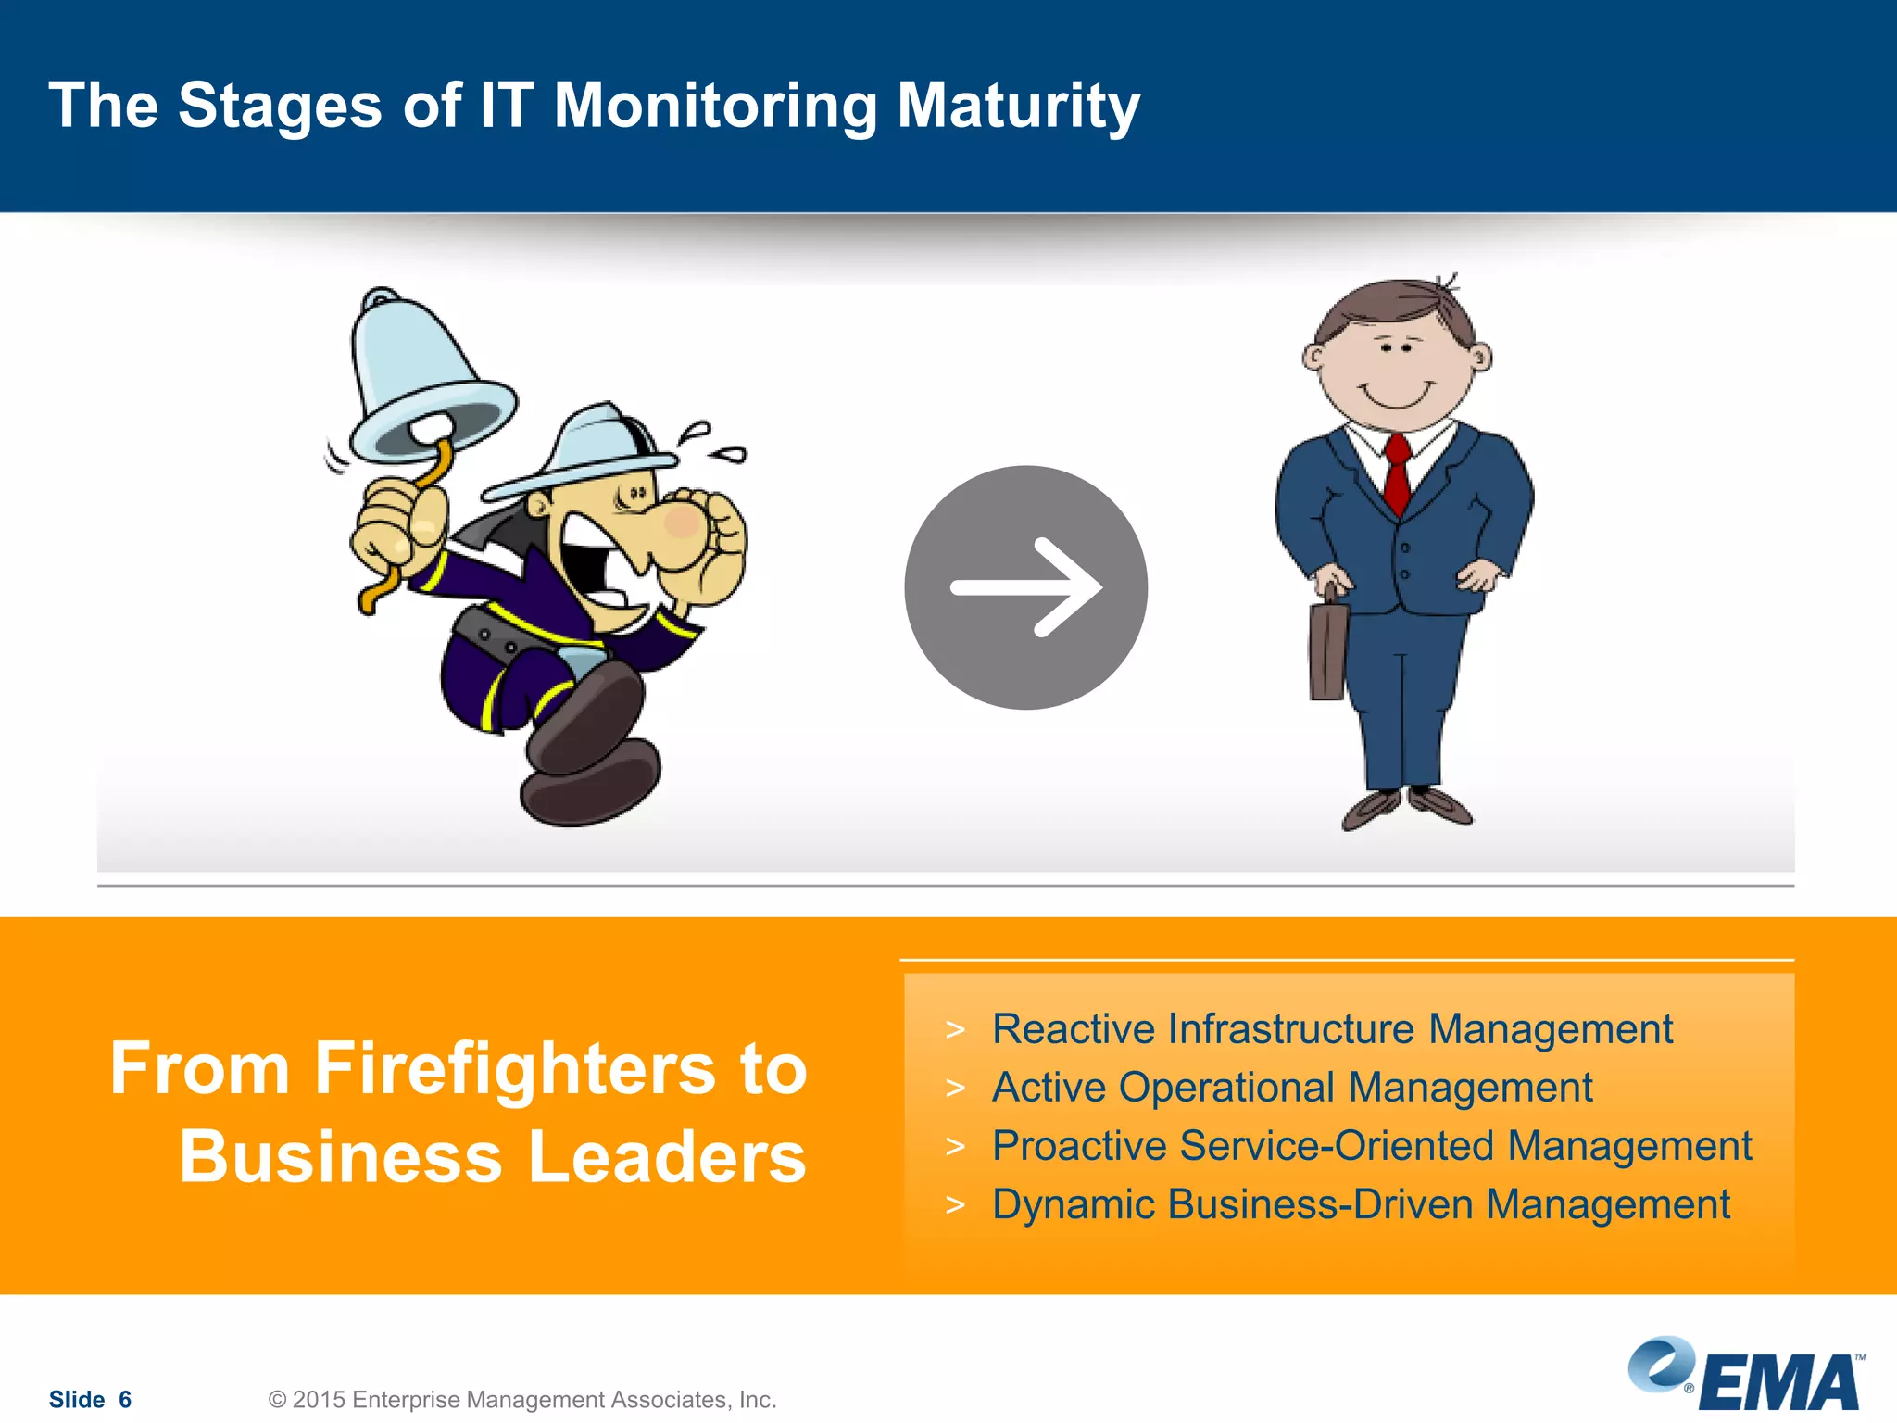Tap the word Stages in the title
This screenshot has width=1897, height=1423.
279,105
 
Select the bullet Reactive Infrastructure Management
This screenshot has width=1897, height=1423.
1331,1029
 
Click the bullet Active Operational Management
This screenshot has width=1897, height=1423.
1291,1088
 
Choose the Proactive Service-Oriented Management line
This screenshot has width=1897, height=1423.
1371,1146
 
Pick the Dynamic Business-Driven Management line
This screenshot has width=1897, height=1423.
1360,1204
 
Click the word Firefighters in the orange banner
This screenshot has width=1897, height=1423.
515,1068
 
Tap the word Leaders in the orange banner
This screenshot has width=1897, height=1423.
667,1157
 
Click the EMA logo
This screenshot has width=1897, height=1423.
1746,1375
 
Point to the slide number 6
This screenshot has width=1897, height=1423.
125,1399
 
